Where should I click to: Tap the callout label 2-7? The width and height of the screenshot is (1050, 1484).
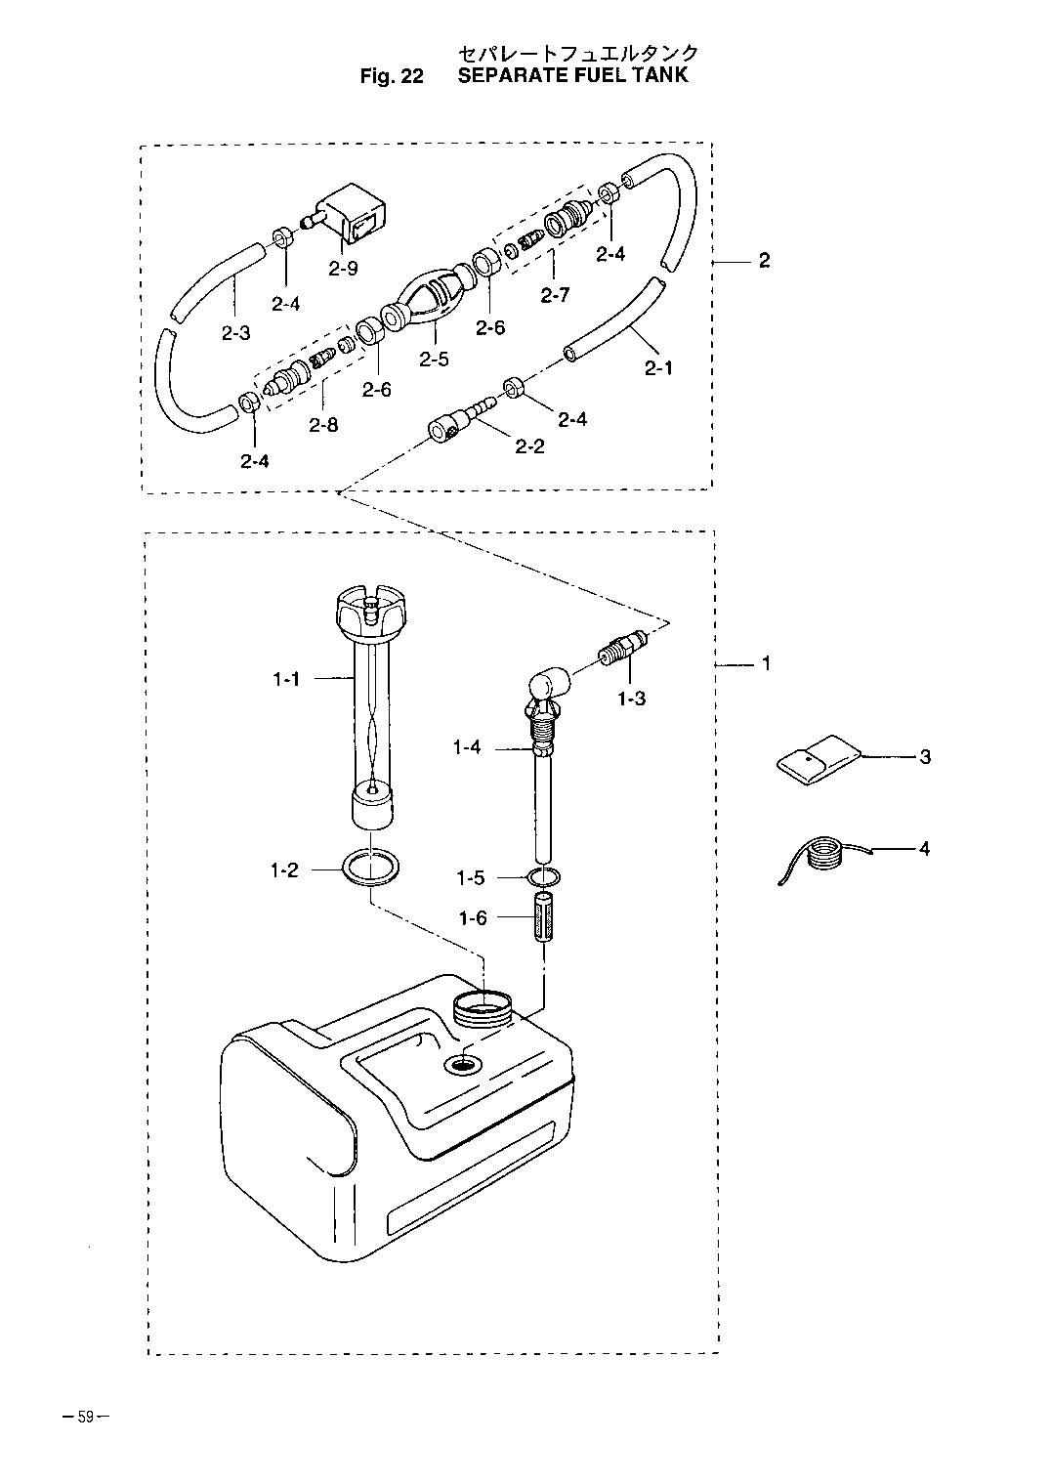click(554, 295)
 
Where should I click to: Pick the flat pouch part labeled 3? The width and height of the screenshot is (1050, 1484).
click(819, 759)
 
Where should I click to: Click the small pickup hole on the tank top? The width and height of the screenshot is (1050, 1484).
click(463, 1064)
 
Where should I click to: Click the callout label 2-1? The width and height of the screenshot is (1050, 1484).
click(658, 368)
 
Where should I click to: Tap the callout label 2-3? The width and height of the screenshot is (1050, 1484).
click(235, 333)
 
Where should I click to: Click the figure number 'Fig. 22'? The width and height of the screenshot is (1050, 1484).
click(391, 76)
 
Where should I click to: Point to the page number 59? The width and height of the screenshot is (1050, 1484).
click(86, 1419)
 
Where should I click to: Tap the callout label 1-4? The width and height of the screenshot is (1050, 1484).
click(467, 748)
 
